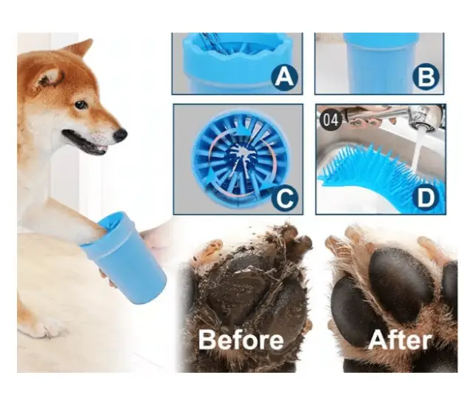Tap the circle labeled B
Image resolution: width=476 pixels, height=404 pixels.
coord(426,76)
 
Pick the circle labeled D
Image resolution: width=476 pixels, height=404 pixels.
coord(426,198)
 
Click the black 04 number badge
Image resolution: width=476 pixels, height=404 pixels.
coord(330,120)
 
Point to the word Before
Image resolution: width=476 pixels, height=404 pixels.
coord(241,340)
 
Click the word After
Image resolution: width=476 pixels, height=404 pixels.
coord(400,340)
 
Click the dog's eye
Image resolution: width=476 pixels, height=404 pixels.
coord(81,104)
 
